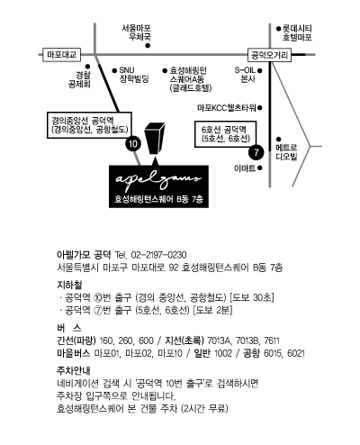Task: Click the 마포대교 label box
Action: pos(62,55)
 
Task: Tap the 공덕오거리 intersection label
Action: pos(269,55)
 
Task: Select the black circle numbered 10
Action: pos(133,144)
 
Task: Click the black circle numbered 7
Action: pos(256,152)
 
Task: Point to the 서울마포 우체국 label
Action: pos(136,32)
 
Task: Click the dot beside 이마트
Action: pos(260,168)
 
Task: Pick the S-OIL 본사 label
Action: pos(245,75)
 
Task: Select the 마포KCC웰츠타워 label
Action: pos(227,107)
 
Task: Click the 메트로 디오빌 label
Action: pos(286,152)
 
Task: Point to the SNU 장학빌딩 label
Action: pos(134,75)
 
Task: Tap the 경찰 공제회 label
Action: pos(79,79)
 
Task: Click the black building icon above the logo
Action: pos(155,138)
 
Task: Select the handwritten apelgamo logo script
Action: pos(158,180)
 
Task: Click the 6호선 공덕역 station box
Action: pos(226,134)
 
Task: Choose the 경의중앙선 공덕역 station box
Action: pos(89,125)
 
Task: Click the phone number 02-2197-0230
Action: pos(158,255)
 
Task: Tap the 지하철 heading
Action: pos(69,285)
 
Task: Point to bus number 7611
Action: pos(272,341)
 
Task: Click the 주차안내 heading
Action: pos(74,370)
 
